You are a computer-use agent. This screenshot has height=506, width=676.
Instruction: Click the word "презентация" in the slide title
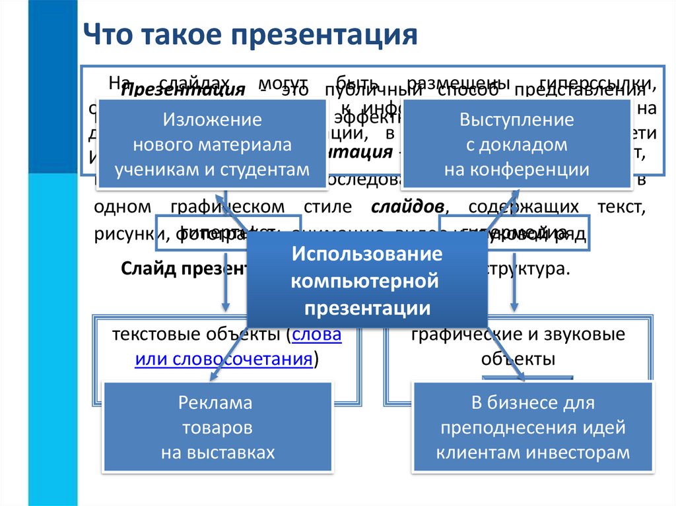click(325, 35)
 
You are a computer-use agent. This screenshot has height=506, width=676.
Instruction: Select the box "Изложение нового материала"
click(212, 144)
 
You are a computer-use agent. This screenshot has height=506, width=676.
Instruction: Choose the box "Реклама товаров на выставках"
click(217, 427)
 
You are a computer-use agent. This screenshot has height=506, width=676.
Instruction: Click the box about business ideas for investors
click(533, 427)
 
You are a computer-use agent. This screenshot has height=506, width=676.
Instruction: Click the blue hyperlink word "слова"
click(317, 335)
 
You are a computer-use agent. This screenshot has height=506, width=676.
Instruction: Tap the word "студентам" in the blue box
click(271, 170)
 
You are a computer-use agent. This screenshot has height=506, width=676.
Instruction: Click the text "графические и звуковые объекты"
click(517, 347)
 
